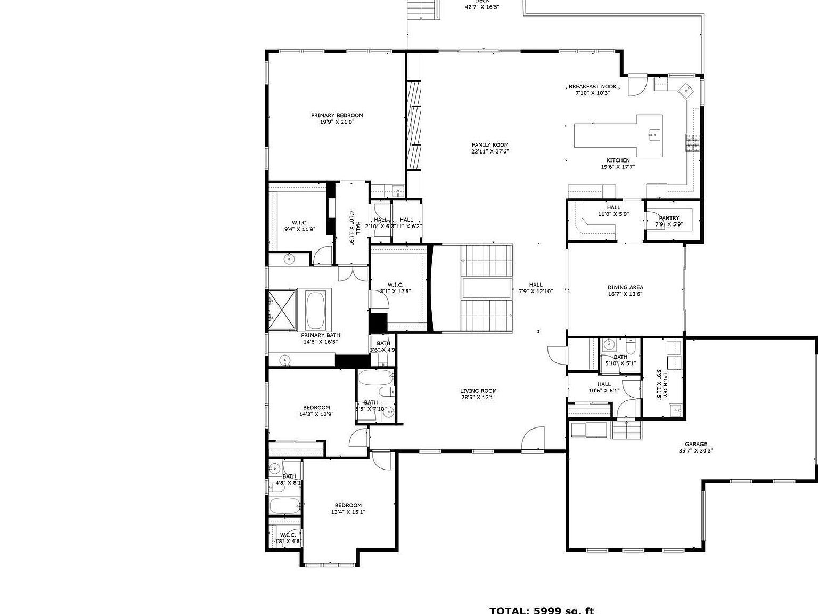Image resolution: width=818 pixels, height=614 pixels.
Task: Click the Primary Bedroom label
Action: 337,115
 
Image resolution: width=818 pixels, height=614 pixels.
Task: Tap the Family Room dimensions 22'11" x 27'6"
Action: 490,151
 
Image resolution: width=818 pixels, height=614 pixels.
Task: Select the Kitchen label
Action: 618,160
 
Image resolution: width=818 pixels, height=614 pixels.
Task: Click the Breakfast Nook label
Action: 592,86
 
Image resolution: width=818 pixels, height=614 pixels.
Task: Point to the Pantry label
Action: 669,218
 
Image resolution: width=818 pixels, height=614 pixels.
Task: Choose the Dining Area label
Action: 625,287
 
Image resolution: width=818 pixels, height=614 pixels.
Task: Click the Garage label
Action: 696,444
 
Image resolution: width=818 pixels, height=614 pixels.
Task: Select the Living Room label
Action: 478,391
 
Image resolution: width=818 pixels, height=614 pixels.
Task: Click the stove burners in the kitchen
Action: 693,143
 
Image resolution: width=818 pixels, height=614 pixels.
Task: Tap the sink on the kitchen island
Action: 654,134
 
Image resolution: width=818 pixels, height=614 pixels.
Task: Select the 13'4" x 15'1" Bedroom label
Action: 348,505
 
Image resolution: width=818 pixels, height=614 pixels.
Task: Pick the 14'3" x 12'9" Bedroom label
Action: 316,407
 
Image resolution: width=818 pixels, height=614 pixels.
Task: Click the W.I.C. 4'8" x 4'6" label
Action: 288,535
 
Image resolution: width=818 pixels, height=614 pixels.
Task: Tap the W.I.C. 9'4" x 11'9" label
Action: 300,223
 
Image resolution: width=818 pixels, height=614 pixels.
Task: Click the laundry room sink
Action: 676,409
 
